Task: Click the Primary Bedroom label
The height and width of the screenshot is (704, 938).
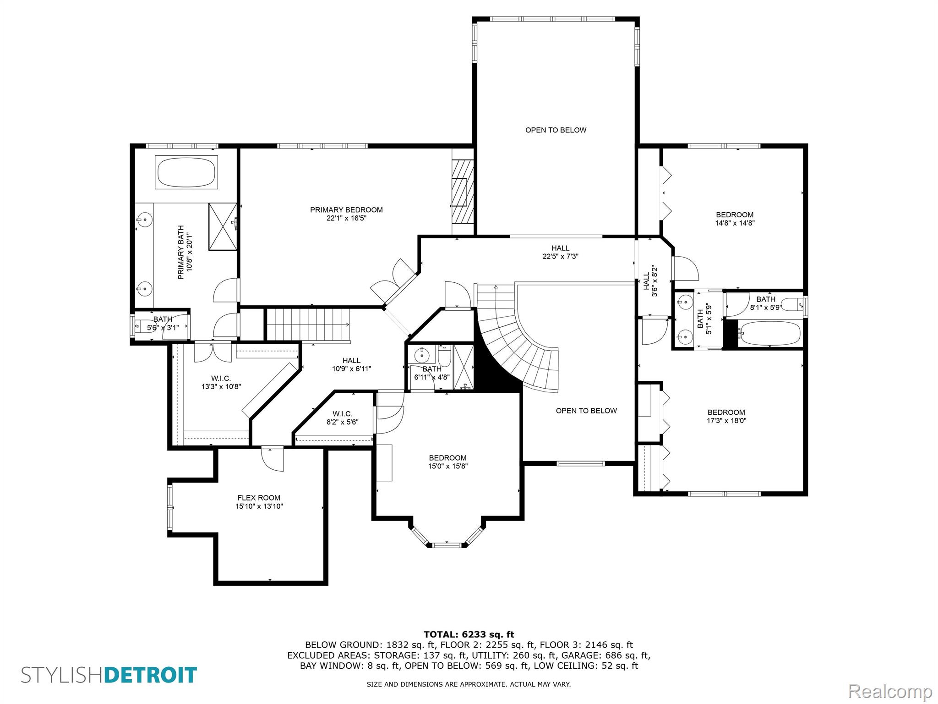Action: pos(346,210)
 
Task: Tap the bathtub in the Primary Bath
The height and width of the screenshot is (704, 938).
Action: pos(186,172)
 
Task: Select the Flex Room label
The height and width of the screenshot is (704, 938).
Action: pos(259,498)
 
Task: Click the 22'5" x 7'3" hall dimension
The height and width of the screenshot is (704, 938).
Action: pos(560,257)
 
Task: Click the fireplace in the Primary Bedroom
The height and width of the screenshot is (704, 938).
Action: pos(462,191)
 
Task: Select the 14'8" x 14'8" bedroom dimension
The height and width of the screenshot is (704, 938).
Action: pos(735,223)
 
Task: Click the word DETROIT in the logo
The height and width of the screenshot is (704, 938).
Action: pos(151,675)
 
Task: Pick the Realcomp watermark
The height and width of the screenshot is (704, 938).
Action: pos(890,692)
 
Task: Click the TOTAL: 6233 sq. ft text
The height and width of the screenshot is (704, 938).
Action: pos(469,635)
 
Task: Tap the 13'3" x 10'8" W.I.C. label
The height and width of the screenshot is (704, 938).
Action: pos(221,382)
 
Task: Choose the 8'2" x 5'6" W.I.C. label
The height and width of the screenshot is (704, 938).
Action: pos(342,418)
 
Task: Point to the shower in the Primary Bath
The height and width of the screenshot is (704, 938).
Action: pos(223,226)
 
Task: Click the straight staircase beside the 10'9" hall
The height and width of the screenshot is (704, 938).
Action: pos(308,324)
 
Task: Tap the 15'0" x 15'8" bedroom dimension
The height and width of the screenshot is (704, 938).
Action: pos(447,466)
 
